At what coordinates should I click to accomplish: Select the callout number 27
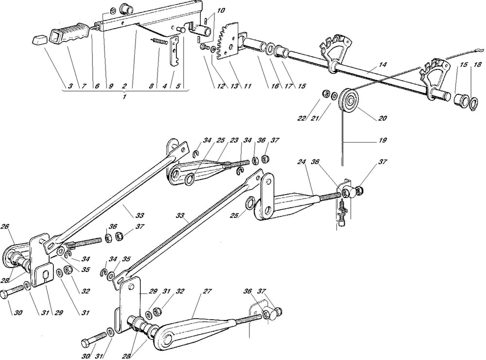(x=208, y=292)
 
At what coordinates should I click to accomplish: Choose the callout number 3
(x=70, y=86)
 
